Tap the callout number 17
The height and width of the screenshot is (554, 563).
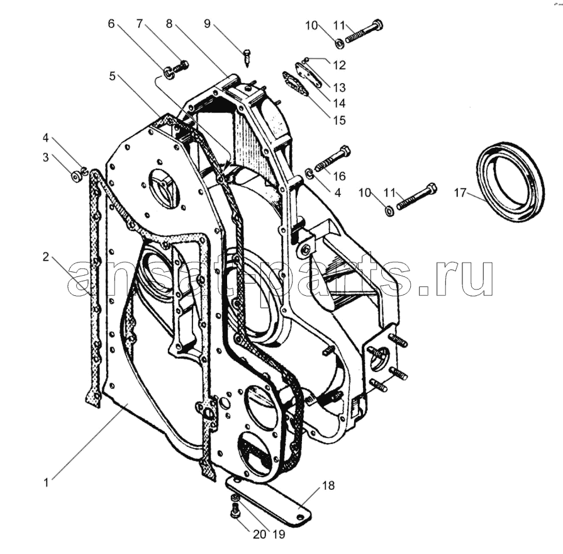pos(460,193)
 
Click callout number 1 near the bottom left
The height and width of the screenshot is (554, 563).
pos(46,482)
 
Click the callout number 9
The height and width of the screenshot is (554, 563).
pos(207,24)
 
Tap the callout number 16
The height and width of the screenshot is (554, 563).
pos(339,176)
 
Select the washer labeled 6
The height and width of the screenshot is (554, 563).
pos(169,72)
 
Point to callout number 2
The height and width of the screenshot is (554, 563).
pos(45,257)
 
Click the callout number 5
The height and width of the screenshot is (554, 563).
pos(113,76)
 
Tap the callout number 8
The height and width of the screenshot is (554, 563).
pos(169,24)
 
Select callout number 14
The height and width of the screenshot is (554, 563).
pos(339,103)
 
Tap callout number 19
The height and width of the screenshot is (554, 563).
pos(279,534)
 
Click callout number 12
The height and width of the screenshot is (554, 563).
pos(339,65)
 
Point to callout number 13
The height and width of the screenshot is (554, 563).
pos(339,88)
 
